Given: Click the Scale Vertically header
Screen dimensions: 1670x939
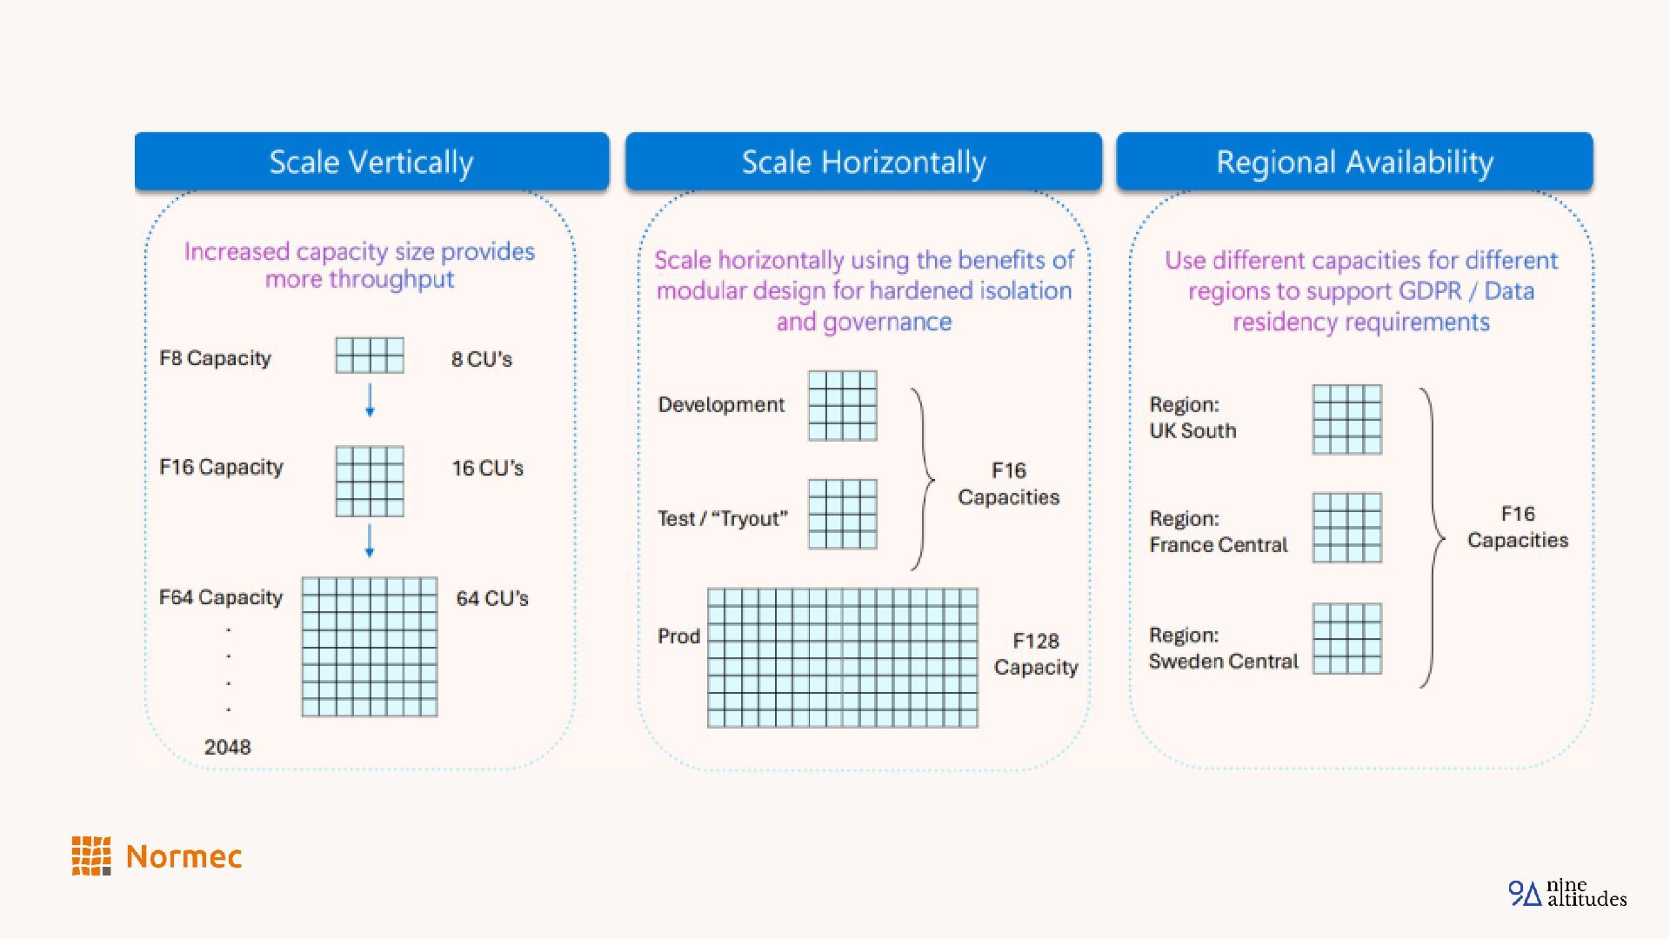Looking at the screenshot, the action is [371, 162].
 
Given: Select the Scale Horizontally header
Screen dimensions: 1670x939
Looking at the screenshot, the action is [863, 162].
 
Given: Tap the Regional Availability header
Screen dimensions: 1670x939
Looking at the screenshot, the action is [1354, 162].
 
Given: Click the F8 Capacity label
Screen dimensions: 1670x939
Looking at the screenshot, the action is [215, 358].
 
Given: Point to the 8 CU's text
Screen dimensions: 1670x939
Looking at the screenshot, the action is [481, 359].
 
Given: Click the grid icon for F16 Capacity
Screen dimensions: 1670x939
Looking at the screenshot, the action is [370, 481].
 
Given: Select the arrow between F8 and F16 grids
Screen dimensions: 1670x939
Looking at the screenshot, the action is [370, 400].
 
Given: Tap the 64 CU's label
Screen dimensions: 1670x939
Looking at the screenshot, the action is [491, 598].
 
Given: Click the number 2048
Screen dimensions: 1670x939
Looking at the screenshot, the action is [227, 747].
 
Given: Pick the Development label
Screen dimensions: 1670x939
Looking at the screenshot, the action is [720, 404].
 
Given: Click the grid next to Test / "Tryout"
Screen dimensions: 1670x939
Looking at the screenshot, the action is [842, 514].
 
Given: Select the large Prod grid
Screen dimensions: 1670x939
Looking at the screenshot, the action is [842, 657].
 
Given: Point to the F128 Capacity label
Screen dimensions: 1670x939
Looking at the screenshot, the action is [1035, 654].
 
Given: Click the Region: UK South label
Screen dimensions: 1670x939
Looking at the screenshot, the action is [1192, 417].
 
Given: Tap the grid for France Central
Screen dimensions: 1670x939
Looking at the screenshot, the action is [1346, 528].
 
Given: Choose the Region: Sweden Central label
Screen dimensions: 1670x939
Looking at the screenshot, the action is [1223, 648].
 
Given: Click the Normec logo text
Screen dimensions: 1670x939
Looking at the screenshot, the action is [184, 856].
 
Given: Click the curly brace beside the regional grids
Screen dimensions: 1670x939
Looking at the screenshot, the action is [1433, 538].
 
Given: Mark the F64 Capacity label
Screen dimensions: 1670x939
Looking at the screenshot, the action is [220, 597].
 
